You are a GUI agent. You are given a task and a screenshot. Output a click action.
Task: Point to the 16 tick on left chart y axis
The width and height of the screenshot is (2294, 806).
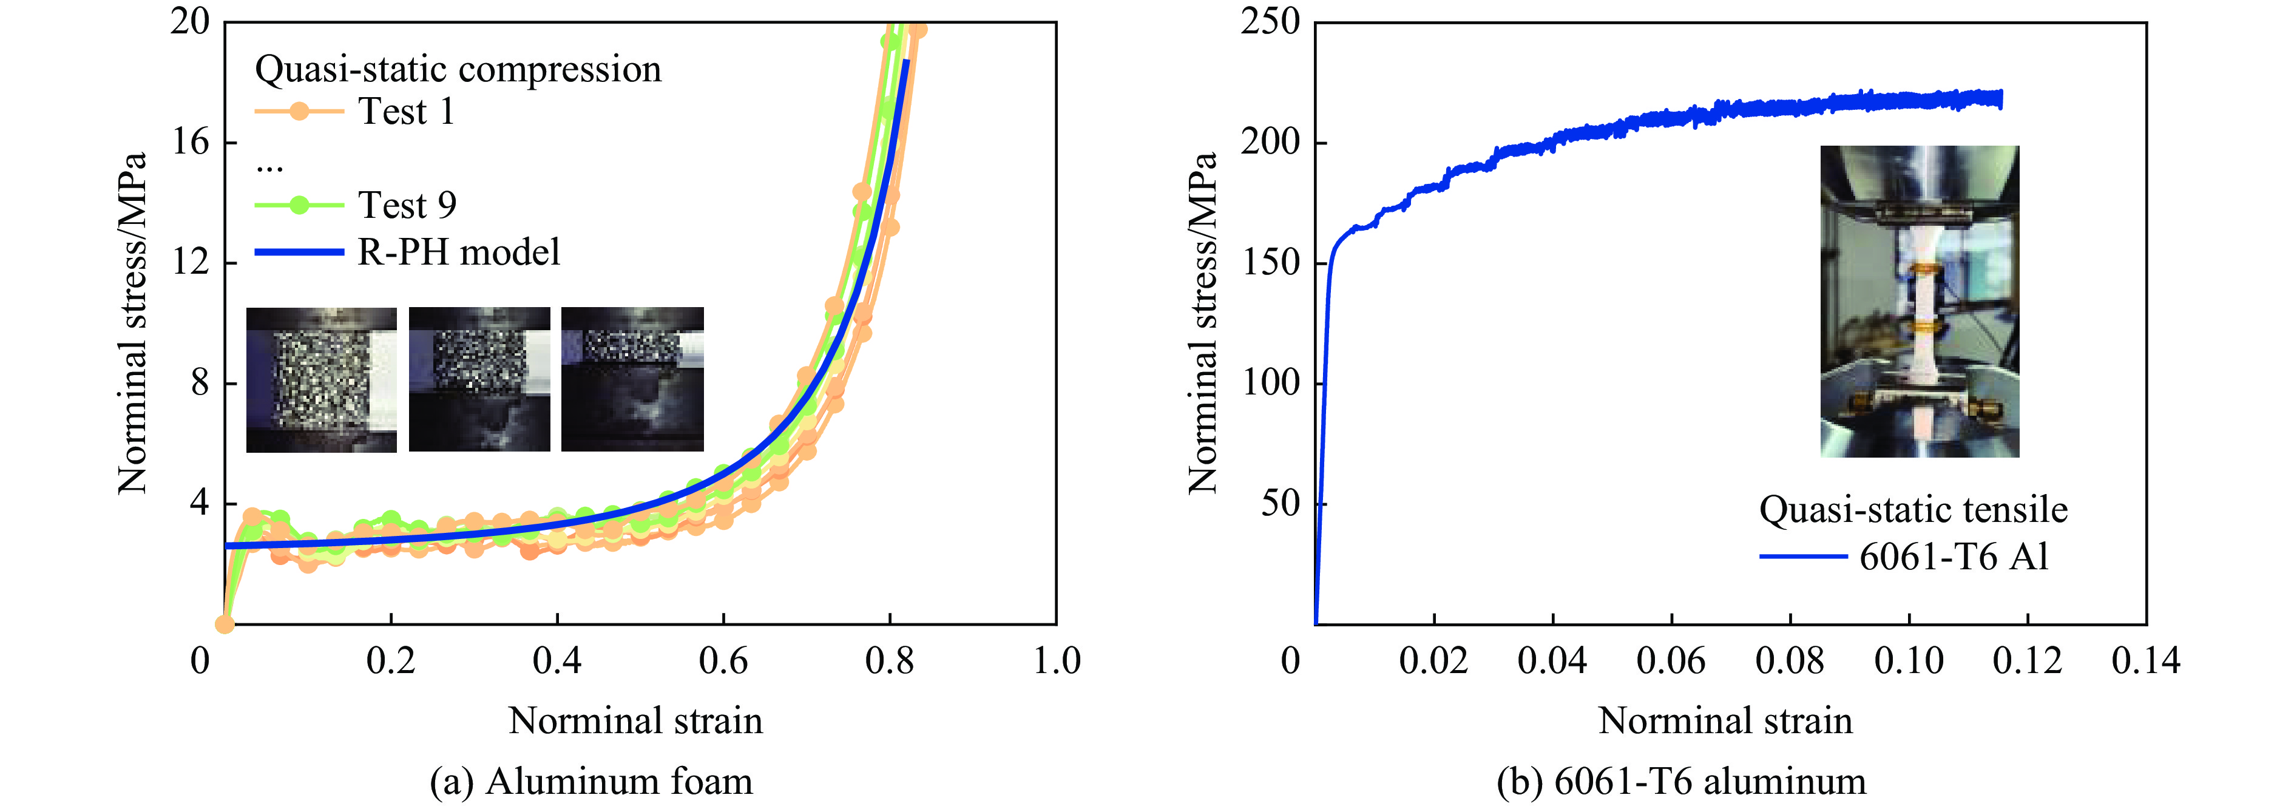pyautogui.click(x=191, y=141)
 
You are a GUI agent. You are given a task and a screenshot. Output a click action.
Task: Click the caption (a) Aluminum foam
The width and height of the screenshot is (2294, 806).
pyautogui.click(x=591, y=782)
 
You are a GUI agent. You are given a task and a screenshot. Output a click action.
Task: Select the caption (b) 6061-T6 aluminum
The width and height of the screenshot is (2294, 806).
pyautogui.click(x=1681, y=782)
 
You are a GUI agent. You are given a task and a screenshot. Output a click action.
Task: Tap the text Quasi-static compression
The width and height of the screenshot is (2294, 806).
pyautogui.click(x=458, y=69)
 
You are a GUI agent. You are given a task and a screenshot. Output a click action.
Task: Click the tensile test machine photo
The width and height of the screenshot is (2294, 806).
pyautogui.click(x=1919, y=302)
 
